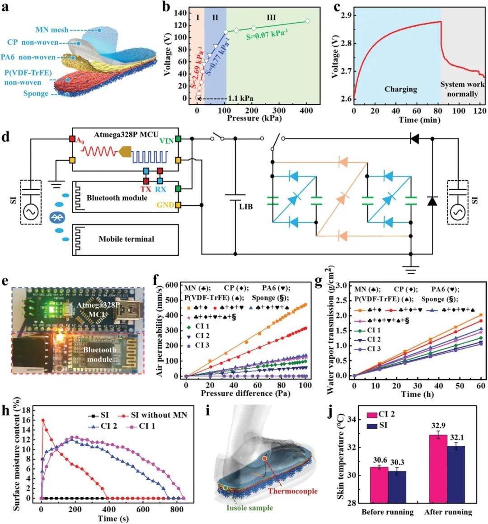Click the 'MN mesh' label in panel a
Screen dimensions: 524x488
[x=52, y=30]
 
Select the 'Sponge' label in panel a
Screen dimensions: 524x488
[x=36, y=94]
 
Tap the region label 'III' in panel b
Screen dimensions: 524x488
[x=271, y=17]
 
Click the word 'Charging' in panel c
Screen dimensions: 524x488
[x=400, y=89]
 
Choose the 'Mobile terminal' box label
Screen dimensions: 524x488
[x=126, y=239]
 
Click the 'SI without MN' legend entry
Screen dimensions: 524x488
[x=159, y=415]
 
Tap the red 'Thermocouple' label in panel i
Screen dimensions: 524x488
[x=293, y=491]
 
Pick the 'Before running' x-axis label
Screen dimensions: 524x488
[x=387, y=512]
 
